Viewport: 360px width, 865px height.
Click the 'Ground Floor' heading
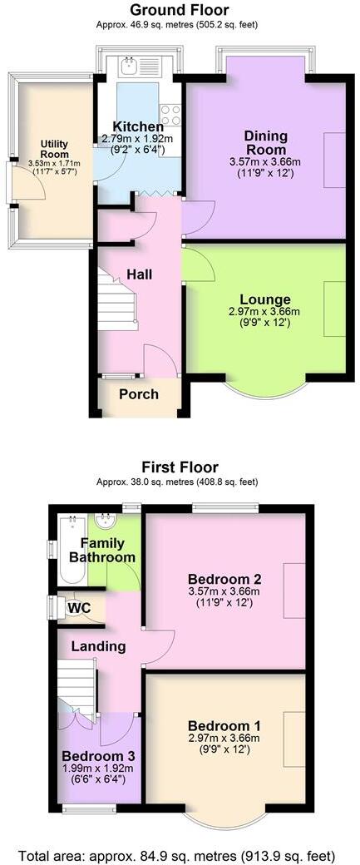tap(180, 10)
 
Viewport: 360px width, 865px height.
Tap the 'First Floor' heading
tap(180, 467)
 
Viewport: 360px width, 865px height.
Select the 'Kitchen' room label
tap(137, 126)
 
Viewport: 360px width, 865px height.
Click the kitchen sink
tap(128, 64)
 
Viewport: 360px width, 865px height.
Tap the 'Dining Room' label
tap(265, 142)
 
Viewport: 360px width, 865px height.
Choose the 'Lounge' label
tap(264, 299)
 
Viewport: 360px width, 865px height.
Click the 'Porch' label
tap(138, 393)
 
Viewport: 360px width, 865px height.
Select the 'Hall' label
tap(140, 274)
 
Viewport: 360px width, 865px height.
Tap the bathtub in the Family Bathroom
tap(72, 549)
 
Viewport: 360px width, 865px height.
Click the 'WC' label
tap(80, 607)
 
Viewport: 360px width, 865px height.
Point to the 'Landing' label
tap(98, 646)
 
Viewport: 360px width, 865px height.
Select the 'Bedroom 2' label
tap(224, 579)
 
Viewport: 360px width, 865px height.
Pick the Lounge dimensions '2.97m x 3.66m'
tap(264, 312)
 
